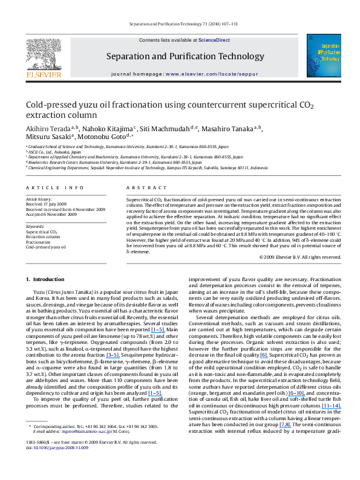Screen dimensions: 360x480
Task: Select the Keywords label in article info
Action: tap(34, 226)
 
